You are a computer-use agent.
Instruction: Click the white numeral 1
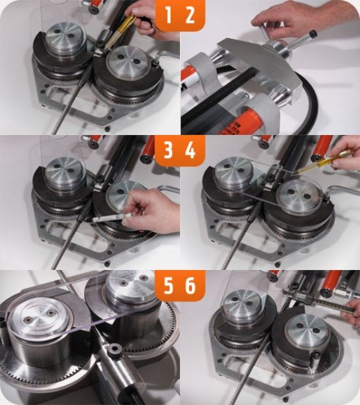168,15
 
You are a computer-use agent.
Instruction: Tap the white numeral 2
190,15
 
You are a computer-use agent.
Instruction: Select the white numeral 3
168,150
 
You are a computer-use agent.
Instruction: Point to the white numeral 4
190,150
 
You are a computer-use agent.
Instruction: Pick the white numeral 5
168,286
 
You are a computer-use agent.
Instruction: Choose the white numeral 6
190,286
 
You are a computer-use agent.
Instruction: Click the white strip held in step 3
111,217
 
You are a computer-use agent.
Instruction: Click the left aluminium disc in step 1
66,37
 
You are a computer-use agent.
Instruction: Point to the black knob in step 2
313,33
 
